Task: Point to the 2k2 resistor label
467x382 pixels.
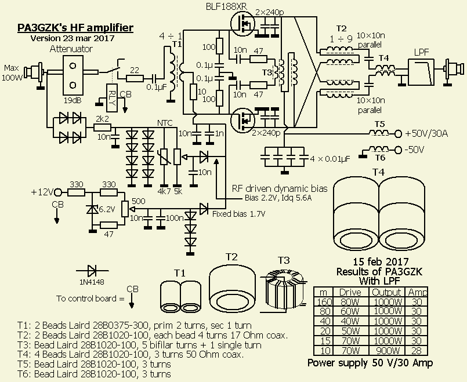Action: click(103, 118)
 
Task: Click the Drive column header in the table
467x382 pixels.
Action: click(350, 292)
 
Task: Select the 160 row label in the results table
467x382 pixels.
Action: click(324, 302)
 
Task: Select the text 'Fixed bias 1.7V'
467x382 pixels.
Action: click(238, 214)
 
